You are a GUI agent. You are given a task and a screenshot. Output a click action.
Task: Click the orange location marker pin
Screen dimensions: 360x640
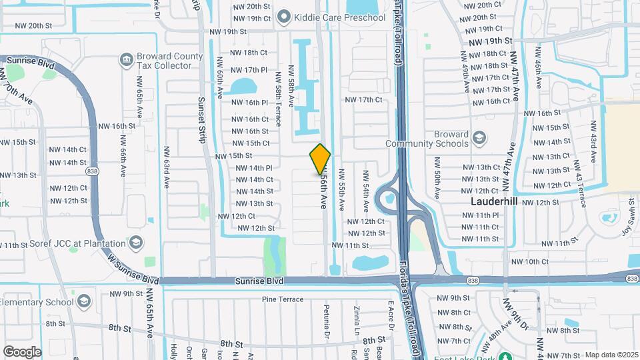pos(320,159)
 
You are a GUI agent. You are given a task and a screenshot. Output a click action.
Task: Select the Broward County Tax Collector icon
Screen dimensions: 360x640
pos(125,61)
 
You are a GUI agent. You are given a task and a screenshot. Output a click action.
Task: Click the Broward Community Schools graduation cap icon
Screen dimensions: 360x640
pos(479,138)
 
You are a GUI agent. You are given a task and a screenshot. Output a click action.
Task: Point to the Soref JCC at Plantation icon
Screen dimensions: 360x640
pos(137,241)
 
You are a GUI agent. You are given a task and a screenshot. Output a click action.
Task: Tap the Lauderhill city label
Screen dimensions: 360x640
pos(494,201)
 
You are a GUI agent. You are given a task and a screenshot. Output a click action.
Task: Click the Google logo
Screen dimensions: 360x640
pos(23,351)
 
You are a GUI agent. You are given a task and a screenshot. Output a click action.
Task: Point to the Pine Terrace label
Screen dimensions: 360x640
pos(283,299)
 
